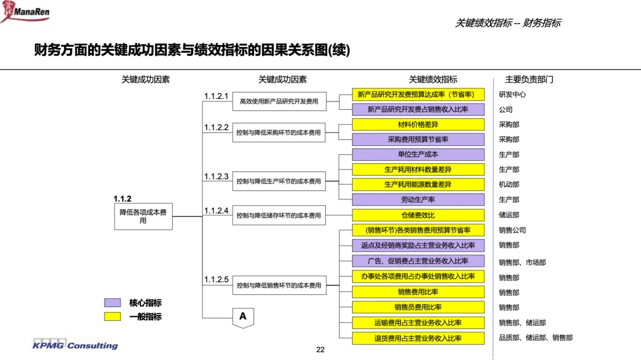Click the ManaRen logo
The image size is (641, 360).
coord(26,11)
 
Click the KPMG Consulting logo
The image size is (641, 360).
coord(75,345)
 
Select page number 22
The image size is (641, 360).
coord(320,350)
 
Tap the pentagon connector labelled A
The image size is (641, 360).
coord(243,318)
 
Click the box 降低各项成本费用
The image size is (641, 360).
coord(143,216)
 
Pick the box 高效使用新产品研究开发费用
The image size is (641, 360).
coord(279,101)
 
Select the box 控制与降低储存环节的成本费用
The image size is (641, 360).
coord(279,215)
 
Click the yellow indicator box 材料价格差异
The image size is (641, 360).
coord(418,124)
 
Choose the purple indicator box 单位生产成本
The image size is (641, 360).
coord(418,154)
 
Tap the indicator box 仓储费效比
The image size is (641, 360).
coord(418,215)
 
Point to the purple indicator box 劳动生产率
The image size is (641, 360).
coord(418,199)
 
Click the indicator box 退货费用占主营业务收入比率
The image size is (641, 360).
coord(418,338)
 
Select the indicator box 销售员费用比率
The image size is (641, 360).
coord(418,307)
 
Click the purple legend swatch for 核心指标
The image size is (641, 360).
coord(112,303)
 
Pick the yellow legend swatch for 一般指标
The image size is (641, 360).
coord(112,316)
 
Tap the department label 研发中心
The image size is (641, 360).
coord(512,94)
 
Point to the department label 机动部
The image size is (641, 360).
coord(509,184)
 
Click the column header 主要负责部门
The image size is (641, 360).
coord(529,79)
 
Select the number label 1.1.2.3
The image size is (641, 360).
coord(216,177)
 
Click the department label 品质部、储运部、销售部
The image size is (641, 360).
coord(535,337)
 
